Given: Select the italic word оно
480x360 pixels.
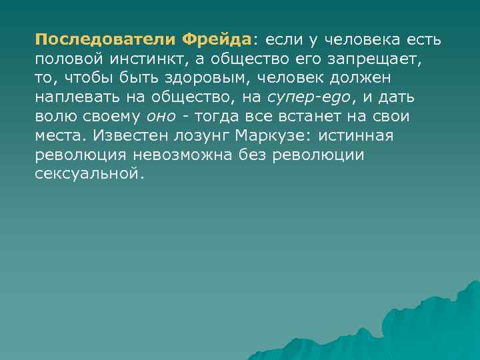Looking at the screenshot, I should tap(159, 117).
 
